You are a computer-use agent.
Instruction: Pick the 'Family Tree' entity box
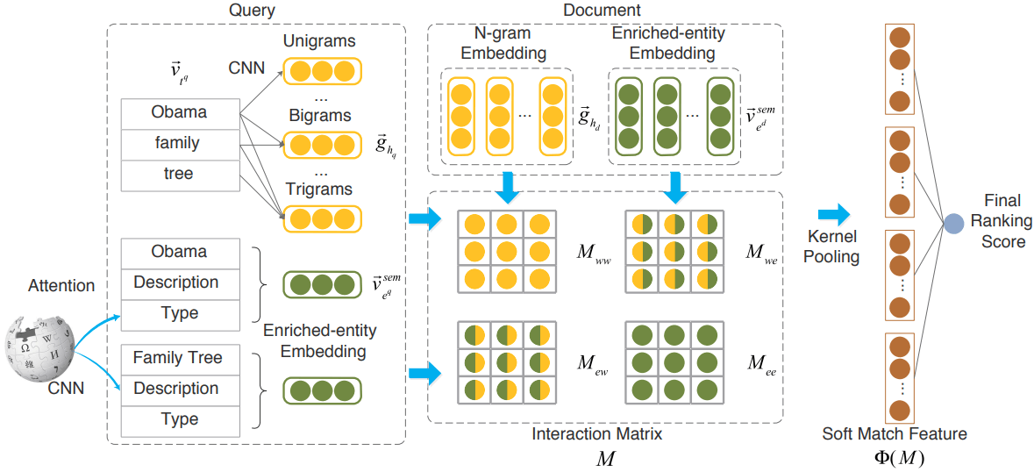(x=179, y=358)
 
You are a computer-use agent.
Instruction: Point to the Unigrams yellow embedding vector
(x=321, y=70)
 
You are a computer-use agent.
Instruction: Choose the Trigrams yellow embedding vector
(x=321, y=218)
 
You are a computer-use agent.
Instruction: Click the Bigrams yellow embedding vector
(x=321, y=145)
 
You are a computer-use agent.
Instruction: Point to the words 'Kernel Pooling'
(x=832, y=247)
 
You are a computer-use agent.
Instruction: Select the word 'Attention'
(x=61, y=285)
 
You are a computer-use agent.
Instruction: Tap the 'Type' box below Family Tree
(x=179, y=420)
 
